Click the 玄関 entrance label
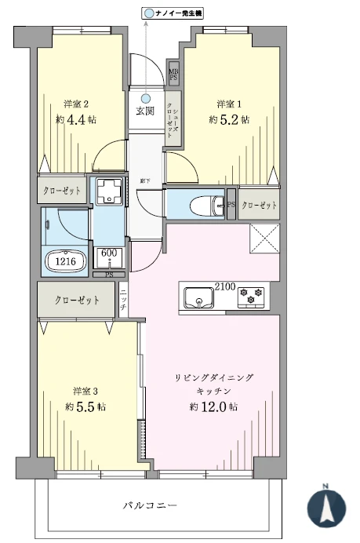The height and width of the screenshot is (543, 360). tap(145, 111)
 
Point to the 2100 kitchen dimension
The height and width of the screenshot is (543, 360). tap(224, 286)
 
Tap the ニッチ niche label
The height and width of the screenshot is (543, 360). tap(123, 300)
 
